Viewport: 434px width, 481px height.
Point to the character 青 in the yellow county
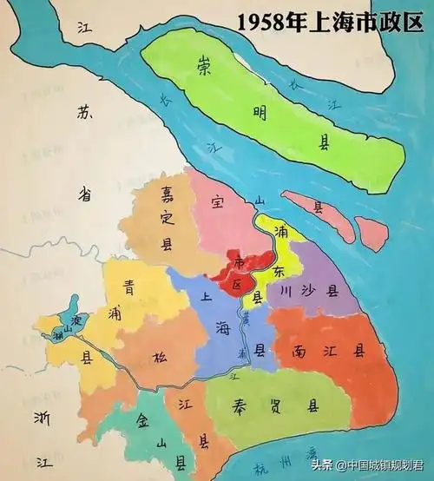point(129,282)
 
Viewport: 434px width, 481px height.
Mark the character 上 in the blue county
point(207,295)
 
